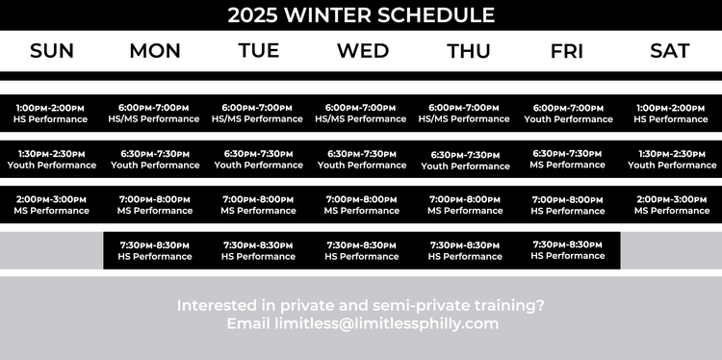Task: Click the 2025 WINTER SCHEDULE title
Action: click(x=361, y=15)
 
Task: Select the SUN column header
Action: click(x=52, y=51)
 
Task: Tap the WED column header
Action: click(x=362, y=51)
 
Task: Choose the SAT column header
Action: click(x=670, y=51)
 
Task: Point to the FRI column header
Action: click(x=567, y=51)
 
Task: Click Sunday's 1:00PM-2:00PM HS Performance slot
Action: click(x=52, y=114)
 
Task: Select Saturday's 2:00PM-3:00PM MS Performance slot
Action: click(x=670, y=205)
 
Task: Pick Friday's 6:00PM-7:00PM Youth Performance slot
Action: click(x=568, y=114)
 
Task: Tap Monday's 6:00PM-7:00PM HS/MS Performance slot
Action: click(x=155, y=114)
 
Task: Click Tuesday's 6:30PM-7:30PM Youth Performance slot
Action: click(x=258, y=160)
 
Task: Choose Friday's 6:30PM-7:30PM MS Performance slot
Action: click(x=568, y=159)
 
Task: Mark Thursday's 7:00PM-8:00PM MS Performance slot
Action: click(x=465, y=205)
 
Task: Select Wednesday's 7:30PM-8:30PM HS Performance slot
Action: click(x=362, y=251)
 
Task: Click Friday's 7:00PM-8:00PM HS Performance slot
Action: click(x=568, y=205)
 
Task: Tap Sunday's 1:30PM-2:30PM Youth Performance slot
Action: click(x=52, y=160)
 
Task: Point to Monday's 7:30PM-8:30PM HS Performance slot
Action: click(x=155, y=251)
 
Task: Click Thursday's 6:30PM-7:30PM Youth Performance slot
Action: click(x=465, y=161)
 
